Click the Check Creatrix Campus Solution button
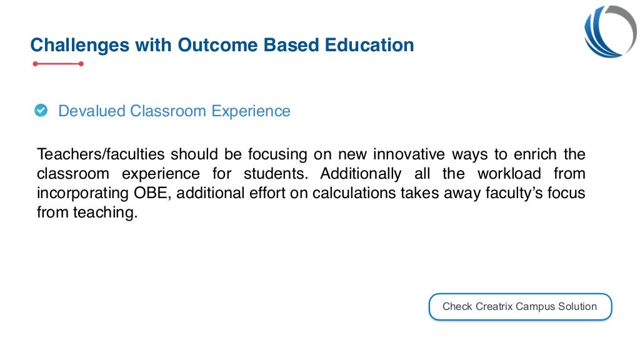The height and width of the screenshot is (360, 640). (520, 307)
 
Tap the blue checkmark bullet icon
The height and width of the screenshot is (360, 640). (41, 111)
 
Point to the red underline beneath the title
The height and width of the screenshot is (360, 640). (58, 64)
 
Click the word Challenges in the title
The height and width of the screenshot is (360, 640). (70, 45)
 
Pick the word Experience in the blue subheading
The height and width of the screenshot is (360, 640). (251, 111)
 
